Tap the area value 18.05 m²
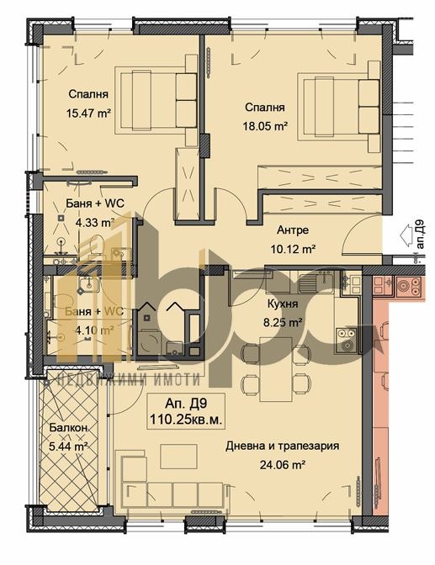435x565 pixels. (x=266, y=125)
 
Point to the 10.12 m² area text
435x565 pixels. (x=292, y=249)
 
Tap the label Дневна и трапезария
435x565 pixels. (x=281, y=446)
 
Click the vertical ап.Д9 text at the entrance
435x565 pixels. (x=418, y=235)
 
